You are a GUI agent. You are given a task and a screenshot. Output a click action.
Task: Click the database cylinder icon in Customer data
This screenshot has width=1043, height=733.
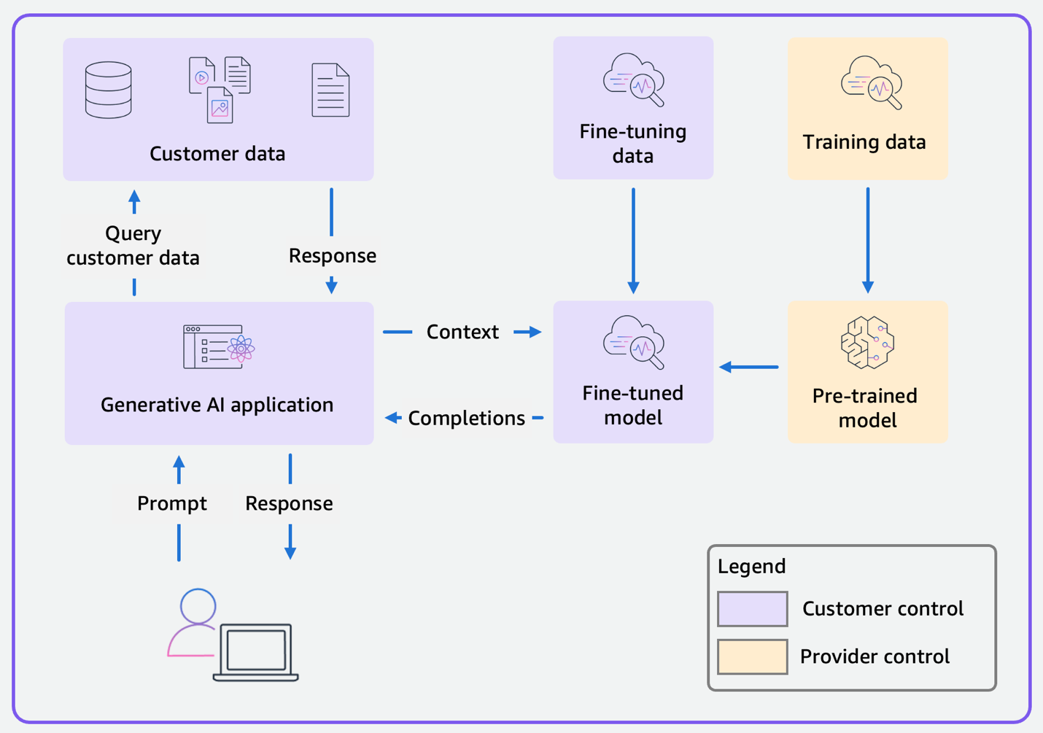pyautogui.click(x=108, y=90)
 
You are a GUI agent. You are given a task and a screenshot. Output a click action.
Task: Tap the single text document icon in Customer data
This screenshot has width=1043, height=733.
pyautogui.click(x=330, y=90)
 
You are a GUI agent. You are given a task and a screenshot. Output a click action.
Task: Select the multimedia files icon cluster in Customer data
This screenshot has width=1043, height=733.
pyautogui.click(x=220, y=90)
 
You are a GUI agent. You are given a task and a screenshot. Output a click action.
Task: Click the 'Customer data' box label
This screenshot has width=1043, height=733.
pyautogui.click(x=217, y=154)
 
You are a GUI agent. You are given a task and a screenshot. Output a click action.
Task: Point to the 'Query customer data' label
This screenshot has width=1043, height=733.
pyautogui.click(x=133, y=246)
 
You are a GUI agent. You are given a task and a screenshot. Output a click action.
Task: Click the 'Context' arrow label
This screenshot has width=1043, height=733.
pyautogui.click(x=462, y=332)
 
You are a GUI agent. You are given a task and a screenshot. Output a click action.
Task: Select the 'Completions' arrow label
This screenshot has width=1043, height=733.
pyautogui.click(x=466, y=418)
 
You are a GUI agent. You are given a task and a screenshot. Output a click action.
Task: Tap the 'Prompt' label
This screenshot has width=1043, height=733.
pyautogui.click(x=172, y=503)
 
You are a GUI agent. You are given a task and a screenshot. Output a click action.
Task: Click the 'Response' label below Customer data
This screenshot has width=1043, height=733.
pyautogui.click(x=332, y=256)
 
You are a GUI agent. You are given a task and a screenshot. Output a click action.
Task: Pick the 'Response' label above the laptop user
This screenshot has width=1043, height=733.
pyautogui.click(x=289, y=503)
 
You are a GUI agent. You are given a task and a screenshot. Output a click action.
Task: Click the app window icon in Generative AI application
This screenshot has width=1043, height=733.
pyautogui.click(x=218, y=347)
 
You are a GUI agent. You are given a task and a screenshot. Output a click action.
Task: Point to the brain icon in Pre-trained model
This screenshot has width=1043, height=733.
pyautogui.click(x=867, y=342)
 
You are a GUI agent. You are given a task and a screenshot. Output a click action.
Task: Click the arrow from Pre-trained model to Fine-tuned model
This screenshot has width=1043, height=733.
pyautogui.click(x=749, y=367)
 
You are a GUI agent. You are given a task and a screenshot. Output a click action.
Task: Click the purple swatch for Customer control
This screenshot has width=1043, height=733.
pyautogui.click(x=752, y=609)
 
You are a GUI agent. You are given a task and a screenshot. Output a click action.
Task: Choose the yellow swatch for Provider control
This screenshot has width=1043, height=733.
pyautogui.click(x=752, y=656)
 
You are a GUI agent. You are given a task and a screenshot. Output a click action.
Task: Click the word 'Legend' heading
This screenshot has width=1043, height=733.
pyautogui.click(x=751, y=566)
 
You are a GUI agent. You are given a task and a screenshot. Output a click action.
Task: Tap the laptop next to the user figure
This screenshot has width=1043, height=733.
pyautogui.click(x=256, y=651)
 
